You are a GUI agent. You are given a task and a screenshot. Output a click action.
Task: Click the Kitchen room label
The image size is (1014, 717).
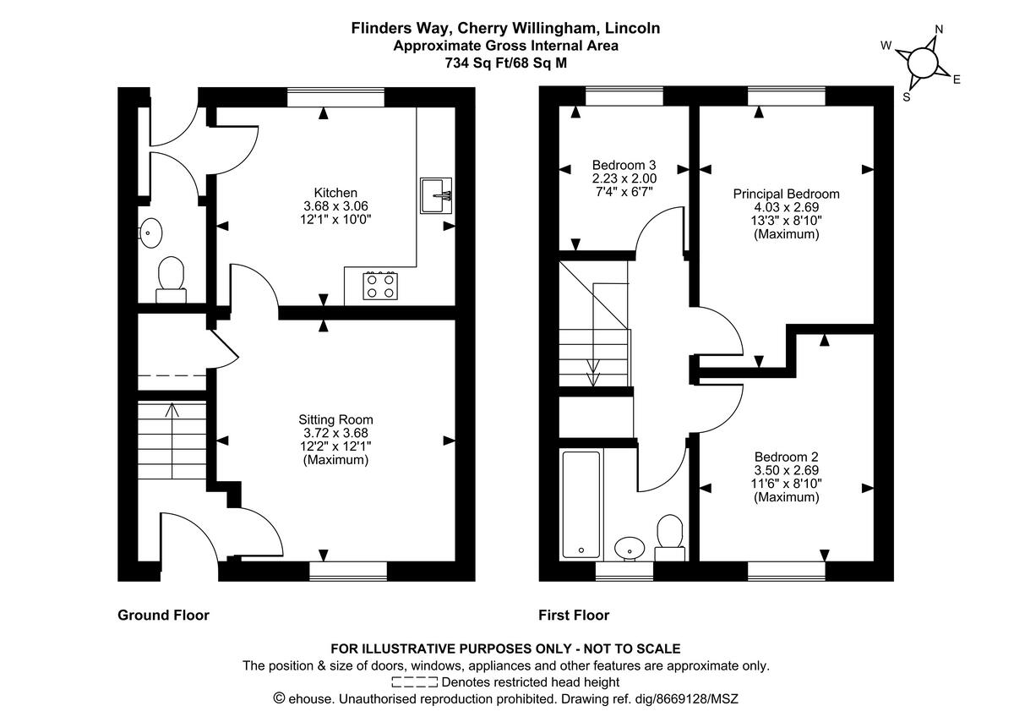tap(335, 193)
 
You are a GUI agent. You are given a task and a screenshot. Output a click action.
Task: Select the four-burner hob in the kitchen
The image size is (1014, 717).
tap(379, 285)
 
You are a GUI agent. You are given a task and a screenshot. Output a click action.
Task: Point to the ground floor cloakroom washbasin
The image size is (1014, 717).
tap(151, 232)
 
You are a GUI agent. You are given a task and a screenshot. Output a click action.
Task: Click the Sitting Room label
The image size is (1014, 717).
tap(335, 419)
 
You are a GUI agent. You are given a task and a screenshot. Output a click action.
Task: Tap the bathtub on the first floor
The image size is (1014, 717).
tap(581, 504)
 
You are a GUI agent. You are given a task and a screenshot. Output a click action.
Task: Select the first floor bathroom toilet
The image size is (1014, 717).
tap(669, 536)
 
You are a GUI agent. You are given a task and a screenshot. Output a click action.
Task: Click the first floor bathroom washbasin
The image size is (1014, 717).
tap(629, 548)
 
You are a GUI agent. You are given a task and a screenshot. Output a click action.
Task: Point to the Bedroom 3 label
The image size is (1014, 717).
tap(624, 165)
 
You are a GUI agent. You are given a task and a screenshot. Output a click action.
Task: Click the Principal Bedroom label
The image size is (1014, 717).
tap(786, 194)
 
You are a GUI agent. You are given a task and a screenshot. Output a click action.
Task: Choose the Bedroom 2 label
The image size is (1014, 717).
tap(786, 457)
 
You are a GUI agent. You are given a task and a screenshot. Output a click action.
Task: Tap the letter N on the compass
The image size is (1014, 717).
tap(938, 30)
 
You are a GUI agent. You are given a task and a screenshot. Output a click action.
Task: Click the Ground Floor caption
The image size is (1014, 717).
tap(163, 616)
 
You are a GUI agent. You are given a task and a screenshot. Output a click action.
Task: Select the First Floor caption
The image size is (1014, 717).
tap(574, 616)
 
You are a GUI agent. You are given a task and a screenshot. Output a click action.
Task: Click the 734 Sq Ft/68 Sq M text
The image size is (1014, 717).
tap(505, 62)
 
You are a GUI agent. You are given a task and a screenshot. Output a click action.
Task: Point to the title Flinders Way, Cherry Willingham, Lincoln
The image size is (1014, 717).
tap(505, 28)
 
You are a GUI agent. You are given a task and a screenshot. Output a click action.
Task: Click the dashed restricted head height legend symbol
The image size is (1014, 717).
tap(415, 681)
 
